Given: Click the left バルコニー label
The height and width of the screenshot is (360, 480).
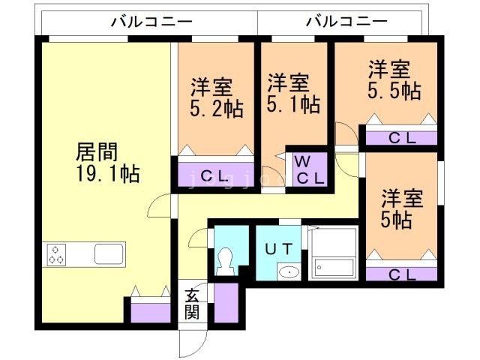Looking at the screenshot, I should tap(151, 21).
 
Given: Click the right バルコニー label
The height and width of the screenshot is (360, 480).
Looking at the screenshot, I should tap(346, 21).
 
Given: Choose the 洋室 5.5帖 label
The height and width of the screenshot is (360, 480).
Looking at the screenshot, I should tap(392, 80).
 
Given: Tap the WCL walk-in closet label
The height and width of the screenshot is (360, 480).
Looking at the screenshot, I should tap(308, 170).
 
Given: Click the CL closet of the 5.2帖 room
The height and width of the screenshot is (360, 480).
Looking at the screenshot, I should tap(215, 175).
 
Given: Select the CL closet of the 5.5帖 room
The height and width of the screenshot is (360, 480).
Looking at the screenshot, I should tap(400, 137).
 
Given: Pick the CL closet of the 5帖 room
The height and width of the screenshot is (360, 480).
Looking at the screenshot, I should tap(400, 274).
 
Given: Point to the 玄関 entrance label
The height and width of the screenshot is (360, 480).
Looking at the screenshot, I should tap(192, 304).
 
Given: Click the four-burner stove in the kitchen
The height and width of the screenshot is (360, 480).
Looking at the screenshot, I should tap(56, 255).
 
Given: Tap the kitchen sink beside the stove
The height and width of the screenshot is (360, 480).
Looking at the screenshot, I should tap(108, 254).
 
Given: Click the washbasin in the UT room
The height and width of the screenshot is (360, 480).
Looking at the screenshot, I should tap(287, 271).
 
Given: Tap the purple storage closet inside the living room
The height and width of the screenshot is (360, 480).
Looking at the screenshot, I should tap(150, 310).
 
